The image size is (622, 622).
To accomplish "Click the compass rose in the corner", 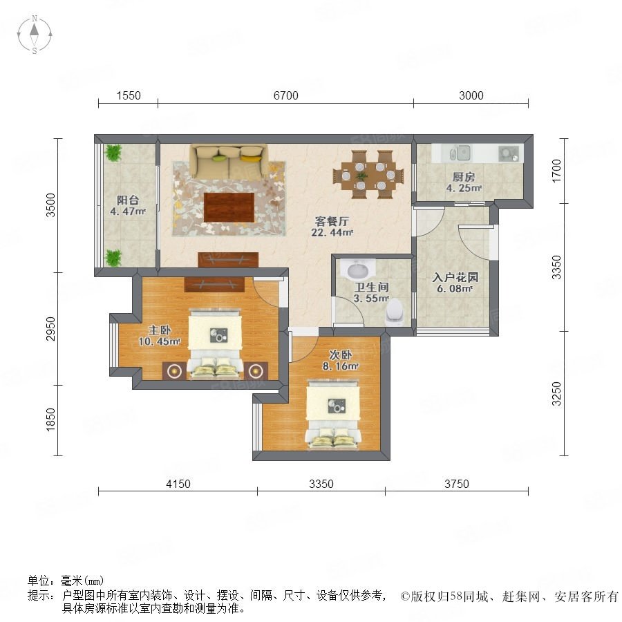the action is pyautogui.click(x=35, y=35).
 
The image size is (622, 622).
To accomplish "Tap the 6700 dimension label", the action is pyautogui.click(x=285, y=95).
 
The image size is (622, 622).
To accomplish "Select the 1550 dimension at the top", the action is pyautogui.click(x=129, y=95).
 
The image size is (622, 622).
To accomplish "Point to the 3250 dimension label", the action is pyautogui.click(x=556, y=393).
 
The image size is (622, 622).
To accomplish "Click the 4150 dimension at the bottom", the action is pyautogui.click(x=178, y=484).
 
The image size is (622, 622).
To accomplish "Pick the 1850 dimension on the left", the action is pyautogui.click(x=50, y=420).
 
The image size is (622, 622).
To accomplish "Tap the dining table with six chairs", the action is pyautogui.click(x=368, y=174).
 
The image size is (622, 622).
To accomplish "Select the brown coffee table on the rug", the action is pyautogui.click(x=229, y=207).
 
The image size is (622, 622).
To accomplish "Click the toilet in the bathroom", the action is pyautogui.click(x=395, y=312).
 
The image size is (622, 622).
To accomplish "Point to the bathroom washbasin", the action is pyautogui.click(x=357, y=270).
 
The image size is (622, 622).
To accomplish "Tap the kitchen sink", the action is pyautogui.click(x=460, y=153).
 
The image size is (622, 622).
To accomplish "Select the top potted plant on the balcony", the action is pyautogui.click(x=114, y=152).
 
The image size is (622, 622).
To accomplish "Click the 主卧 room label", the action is pyautogui.click(x=160, y=330).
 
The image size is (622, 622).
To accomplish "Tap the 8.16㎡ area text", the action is pyautogui.click(x=340, y=366).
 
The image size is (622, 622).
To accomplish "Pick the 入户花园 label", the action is pyautogui.click(x=455, y=277).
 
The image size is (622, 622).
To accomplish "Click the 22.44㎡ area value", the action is pyautogui.click(x=332, y=232).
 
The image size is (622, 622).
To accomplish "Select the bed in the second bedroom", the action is pyautogui.click(x=332, y=415).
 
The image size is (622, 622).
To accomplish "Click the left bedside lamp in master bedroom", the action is pyautogui.click(x=173, y=371).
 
